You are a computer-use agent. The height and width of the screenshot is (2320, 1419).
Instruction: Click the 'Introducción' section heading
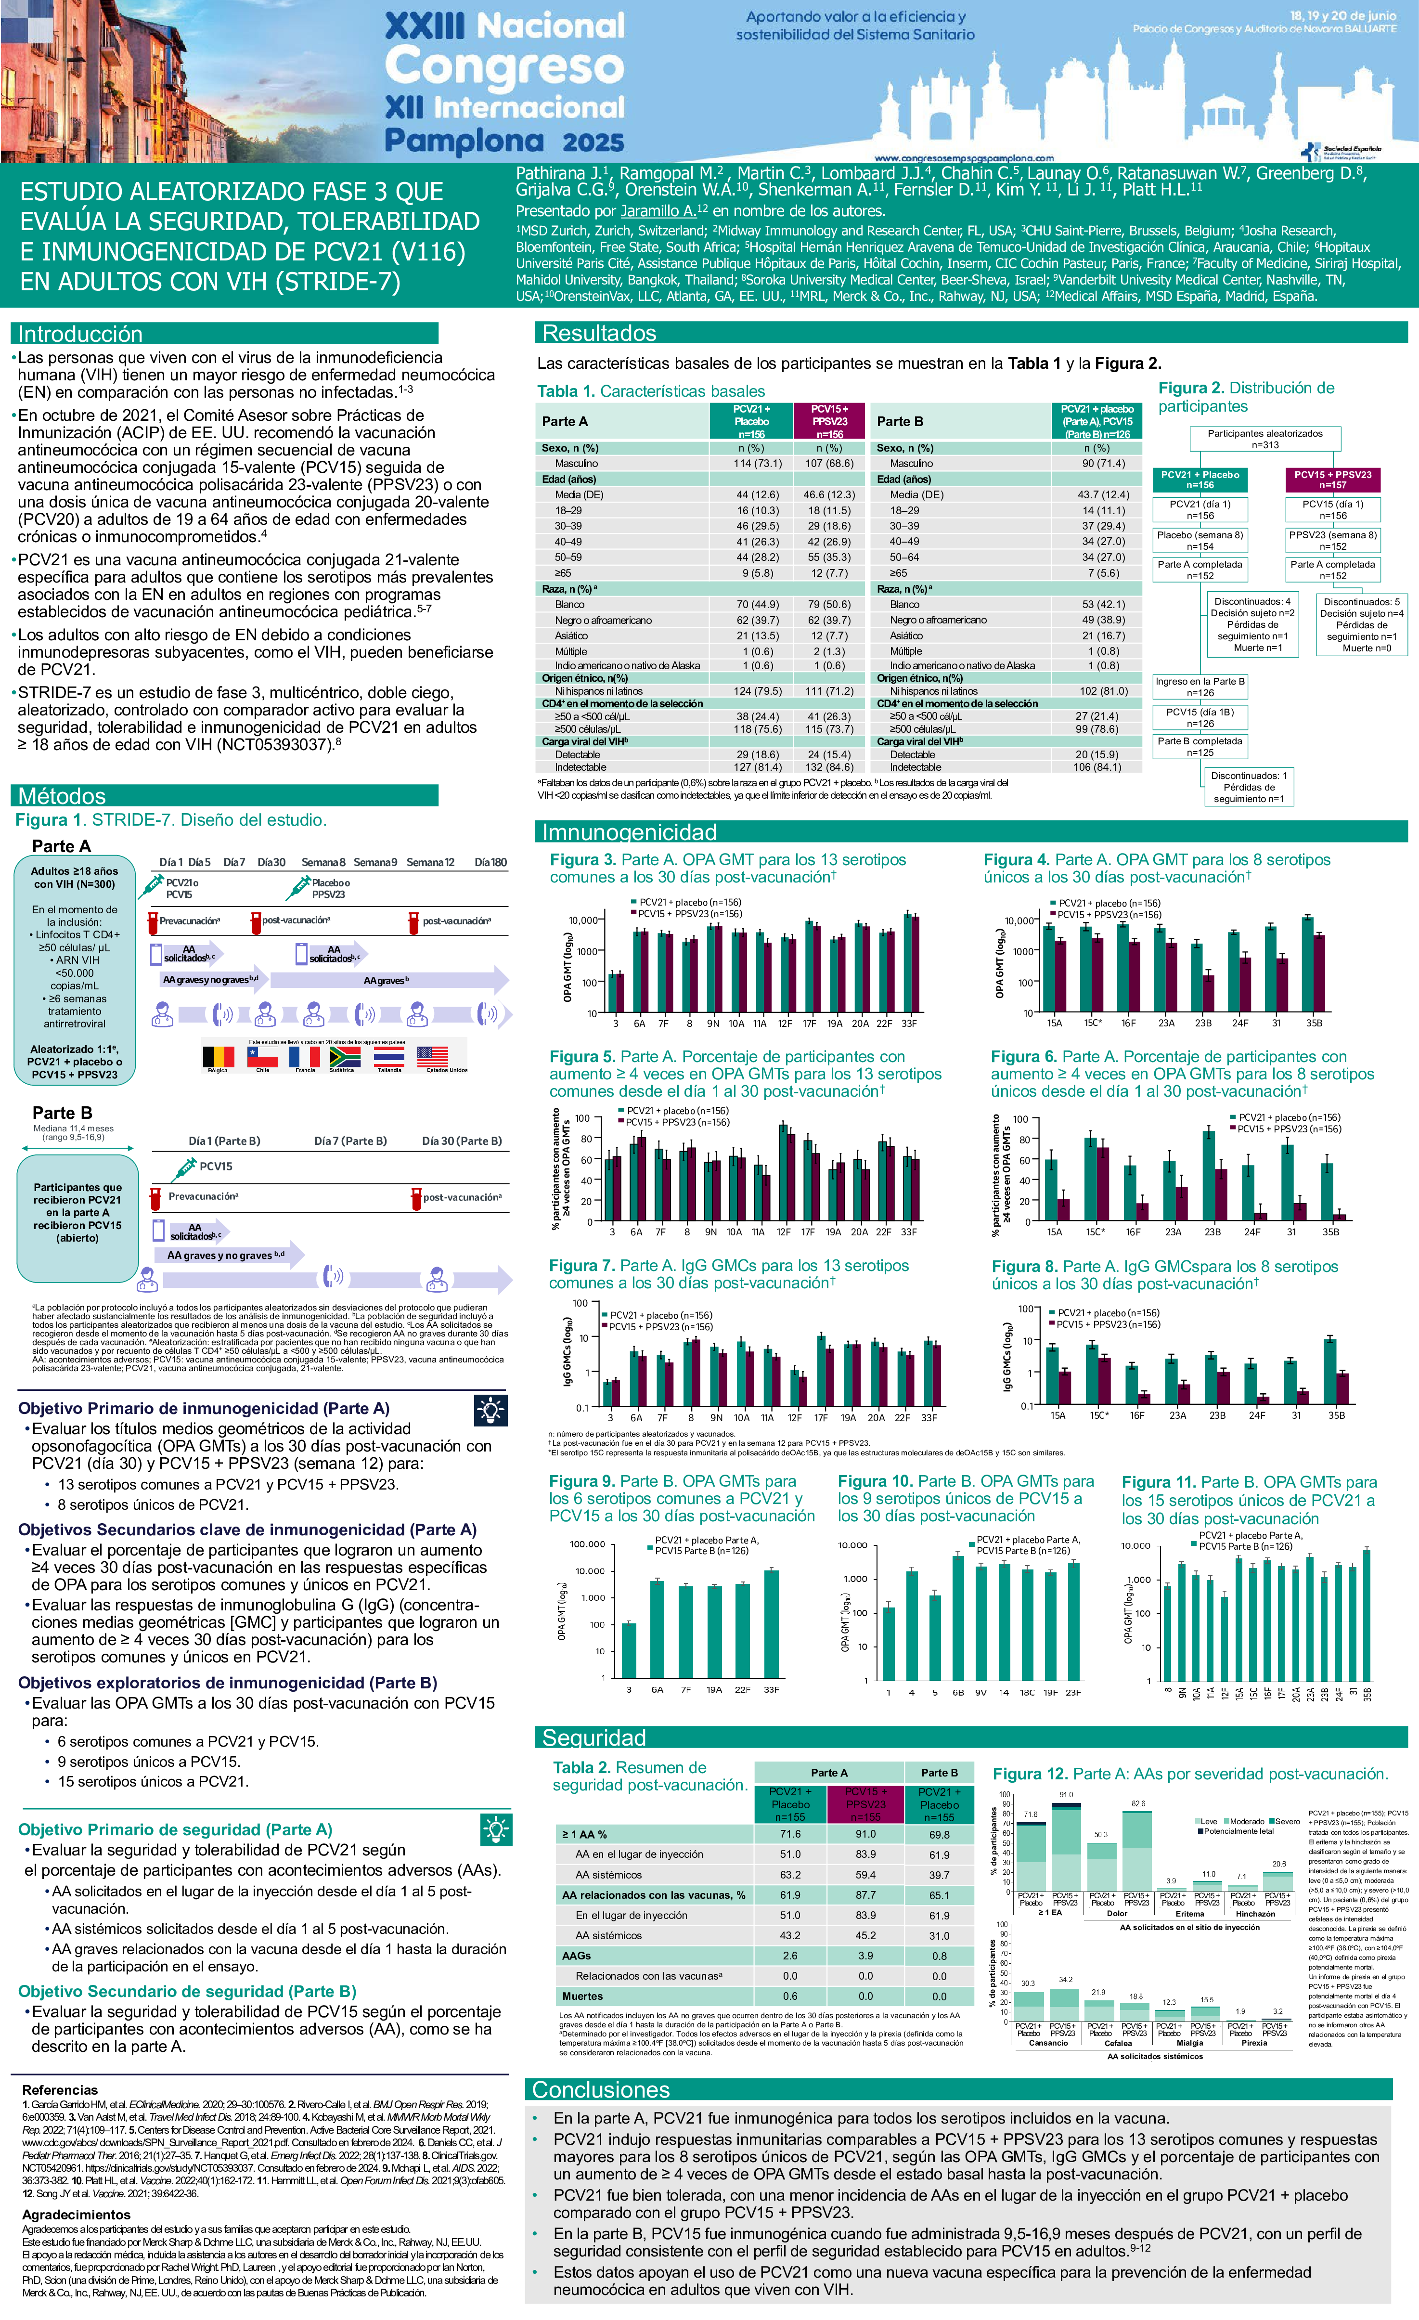pyautogui.click(x=80, y=333)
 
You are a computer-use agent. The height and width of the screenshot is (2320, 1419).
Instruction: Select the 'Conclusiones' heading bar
pyautogui.click(x=601, y=2089)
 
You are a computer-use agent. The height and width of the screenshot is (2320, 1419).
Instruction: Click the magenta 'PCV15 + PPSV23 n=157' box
pyautogui.click(x=1332, y=479)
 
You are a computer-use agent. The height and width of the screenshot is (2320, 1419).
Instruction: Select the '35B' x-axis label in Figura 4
pyautogui.click(x=1314, y=1023)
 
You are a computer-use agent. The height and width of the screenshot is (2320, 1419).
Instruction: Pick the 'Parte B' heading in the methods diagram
pyautogui.click(x=62, y=1112)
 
